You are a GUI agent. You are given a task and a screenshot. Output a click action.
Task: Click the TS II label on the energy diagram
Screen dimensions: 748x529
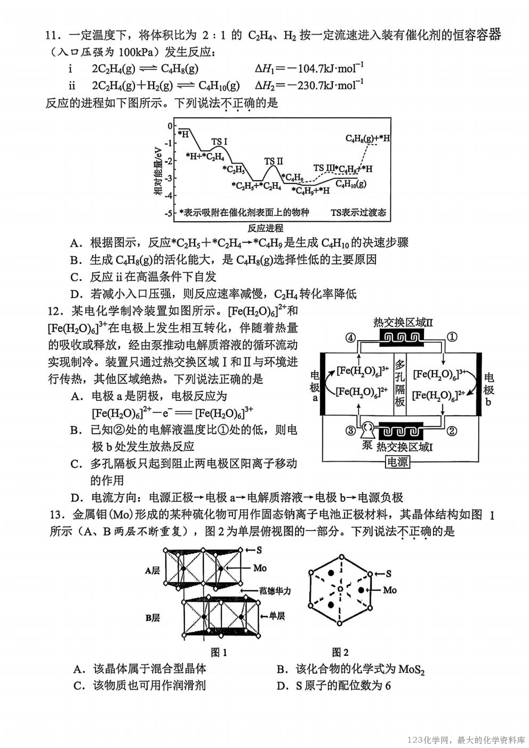point(274,162)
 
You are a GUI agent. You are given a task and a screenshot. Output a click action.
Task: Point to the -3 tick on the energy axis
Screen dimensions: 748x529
point(169,178)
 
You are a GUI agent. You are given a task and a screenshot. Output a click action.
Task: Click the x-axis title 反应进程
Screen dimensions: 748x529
point(266,228)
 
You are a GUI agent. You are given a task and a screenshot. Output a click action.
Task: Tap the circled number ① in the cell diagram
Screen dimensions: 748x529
point(451,336)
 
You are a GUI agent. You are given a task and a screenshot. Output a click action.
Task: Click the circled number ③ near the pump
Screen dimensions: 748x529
point(350,431)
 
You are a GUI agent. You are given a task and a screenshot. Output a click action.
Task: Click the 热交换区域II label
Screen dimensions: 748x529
point(403,322)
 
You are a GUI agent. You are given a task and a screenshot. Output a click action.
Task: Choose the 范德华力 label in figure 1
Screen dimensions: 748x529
point(275,591)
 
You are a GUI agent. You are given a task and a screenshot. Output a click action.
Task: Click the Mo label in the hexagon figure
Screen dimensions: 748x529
point(390,590)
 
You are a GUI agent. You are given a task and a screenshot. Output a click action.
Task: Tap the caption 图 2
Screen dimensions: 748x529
point(340,652)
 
